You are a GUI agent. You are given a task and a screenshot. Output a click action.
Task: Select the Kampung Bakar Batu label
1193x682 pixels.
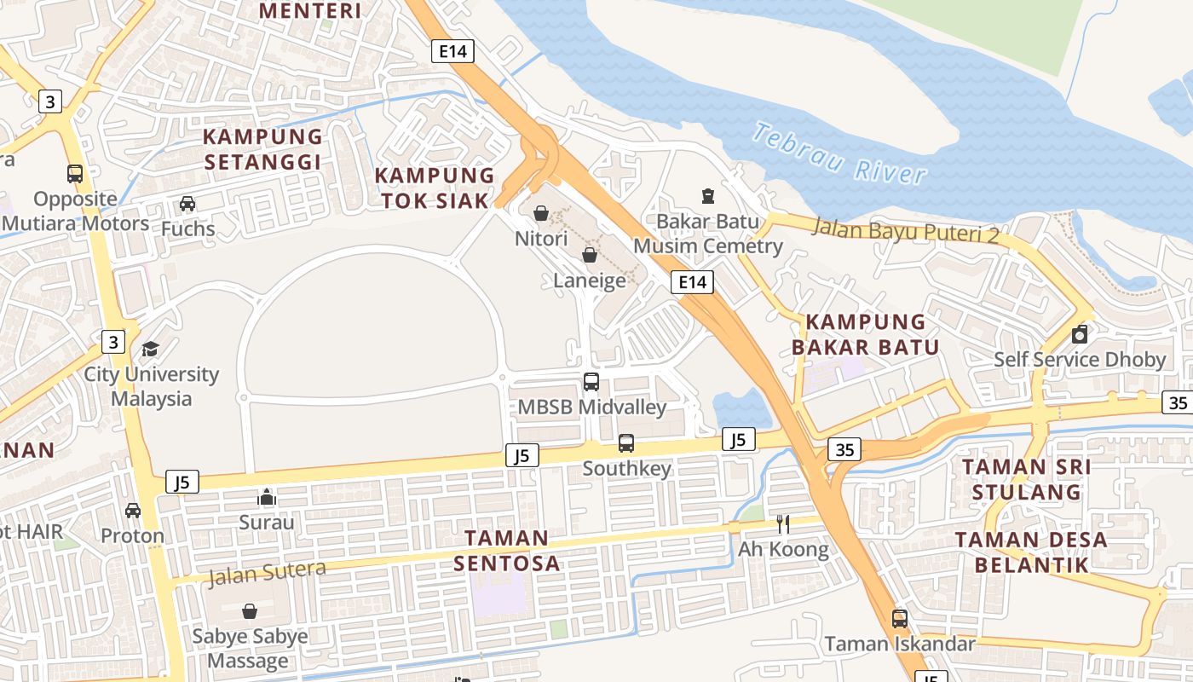pyautogui.click(x=865, y=334)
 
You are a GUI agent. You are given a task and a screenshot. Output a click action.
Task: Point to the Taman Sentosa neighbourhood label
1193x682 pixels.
pyautogui.click(x=506, y=550)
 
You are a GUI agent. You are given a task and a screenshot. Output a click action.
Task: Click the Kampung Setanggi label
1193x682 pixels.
pyautogui.click(x=262, y=149)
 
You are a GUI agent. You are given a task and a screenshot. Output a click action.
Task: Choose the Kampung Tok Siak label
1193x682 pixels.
pyautogui.click(x=435, y=188)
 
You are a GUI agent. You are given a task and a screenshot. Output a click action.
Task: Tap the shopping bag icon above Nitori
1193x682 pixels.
pyautogui.click(x=541, y=213)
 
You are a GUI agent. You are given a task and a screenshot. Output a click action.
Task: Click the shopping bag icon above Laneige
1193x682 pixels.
pyautogui.click(x=589, y=255)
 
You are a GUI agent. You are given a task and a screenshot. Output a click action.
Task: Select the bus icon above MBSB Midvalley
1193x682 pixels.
pyautogui.click(x=591, y=382)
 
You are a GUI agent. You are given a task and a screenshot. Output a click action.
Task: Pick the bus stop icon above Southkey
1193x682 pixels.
pyautogui.click(x=626, y=443)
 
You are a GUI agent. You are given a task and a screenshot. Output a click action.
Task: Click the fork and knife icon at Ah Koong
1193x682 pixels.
pyautogui.click(x=782, y=523)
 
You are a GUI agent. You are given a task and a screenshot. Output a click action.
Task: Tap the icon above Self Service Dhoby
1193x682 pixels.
pyautogui.click(x=1080, y=333)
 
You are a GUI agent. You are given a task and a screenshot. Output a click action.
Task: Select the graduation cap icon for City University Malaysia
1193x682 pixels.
pyautogui.click(x=151, y=349)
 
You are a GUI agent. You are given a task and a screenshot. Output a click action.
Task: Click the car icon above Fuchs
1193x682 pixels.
pyautogui.click(x=187, y=204)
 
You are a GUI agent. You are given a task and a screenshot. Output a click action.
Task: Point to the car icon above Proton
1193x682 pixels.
pyautogui.click(x=133, y=511)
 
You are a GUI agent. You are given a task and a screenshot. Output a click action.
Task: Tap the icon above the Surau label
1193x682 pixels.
pyautogui.click(x=267, y=497)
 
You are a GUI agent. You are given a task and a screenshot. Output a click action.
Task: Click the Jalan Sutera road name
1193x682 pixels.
pyautogui.click(x=267, y=573)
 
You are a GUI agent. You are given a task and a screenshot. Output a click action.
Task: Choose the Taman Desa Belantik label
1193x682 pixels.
pyautogui.click(x=1030, y=552)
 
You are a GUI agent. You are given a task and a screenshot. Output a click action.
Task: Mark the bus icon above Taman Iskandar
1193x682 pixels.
pyautogui.click(x=899, y=619)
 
